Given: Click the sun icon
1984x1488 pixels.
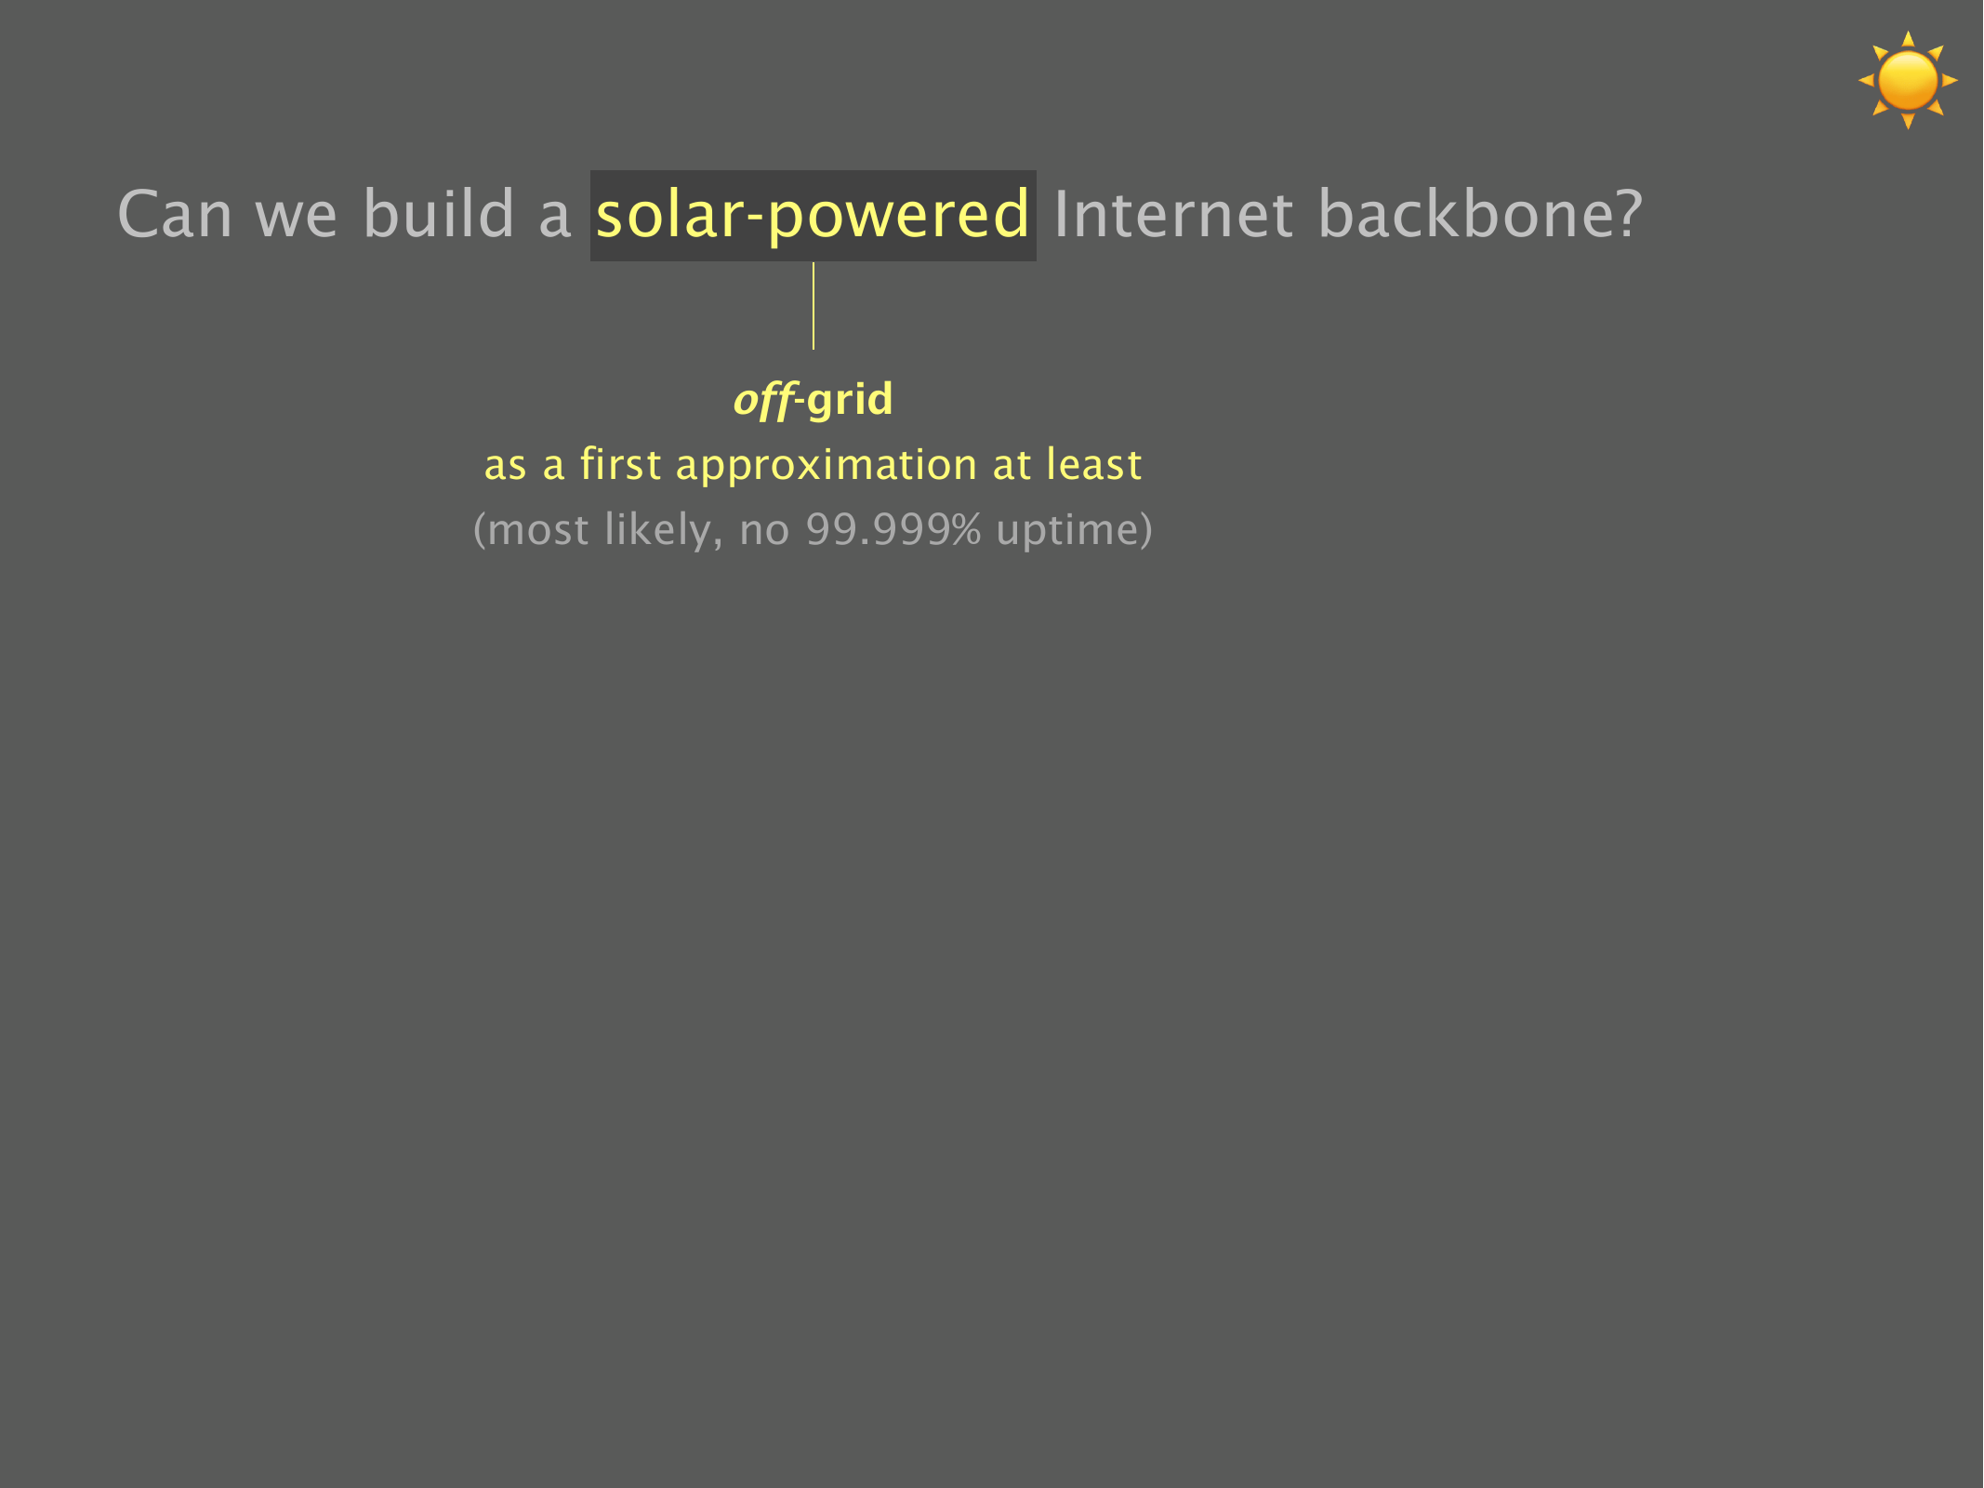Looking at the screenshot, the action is click(1908, 80).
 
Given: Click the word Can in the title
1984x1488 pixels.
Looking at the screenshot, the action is click(175, 214).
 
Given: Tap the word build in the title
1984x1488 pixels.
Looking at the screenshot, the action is click(439, 213).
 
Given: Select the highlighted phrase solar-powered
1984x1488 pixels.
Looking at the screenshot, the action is click(813, 216).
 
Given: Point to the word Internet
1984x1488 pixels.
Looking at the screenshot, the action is click(1173, 214).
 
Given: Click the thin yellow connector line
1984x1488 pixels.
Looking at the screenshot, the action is click(813, 306).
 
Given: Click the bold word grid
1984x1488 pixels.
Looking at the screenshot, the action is click(850, 401).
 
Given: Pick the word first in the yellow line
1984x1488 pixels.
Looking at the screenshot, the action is click(620, 464).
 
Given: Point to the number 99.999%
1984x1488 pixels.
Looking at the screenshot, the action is click(893, 530).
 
